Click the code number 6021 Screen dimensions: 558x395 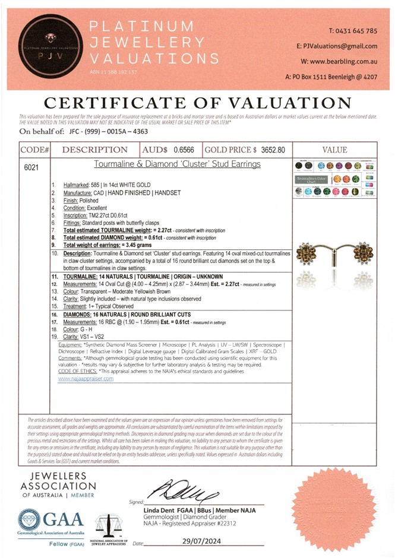[x=32, y=167]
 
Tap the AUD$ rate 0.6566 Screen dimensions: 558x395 [x=184, y=150]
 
